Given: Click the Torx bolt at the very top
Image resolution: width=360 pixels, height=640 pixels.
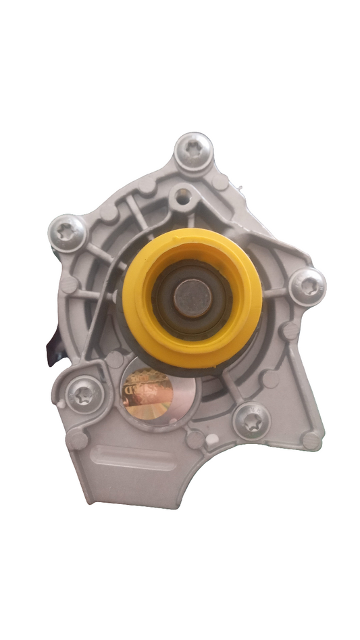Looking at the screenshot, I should click(x=194, y=151).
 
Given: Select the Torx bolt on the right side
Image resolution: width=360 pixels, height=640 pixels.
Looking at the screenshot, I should click(x=308, y=286).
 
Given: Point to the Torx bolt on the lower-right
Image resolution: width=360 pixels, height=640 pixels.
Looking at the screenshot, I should click(x=252, y=421).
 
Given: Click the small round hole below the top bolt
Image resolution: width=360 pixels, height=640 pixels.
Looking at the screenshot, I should click(x=181, y=197).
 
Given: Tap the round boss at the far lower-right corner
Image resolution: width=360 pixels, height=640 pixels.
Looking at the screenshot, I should click(x=311, y=441).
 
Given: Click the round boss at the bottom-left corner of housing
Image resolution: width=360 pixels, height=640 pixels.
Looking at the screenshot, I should click(x=76, y=440).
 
